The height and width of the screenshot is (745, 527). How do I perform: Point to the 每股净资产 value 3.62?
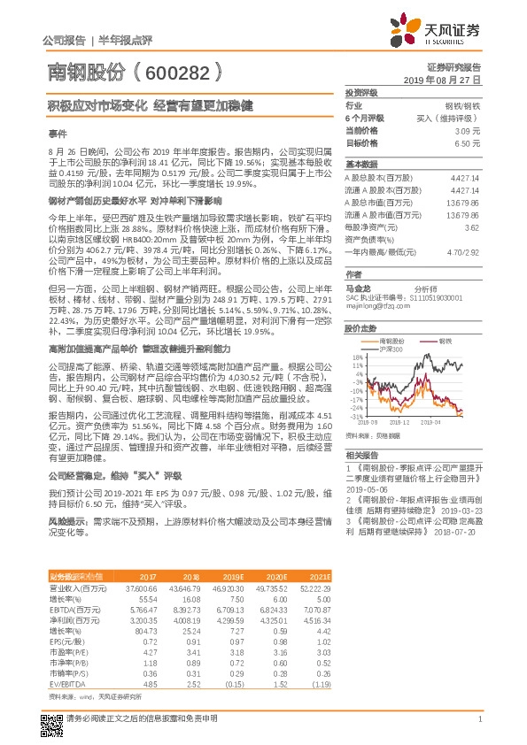point(471,228)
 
